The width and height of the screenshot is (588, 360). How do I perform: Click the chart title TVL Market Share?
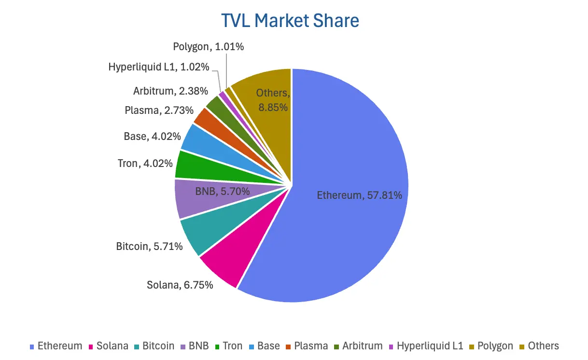pyautogui.click(x=290, y=21)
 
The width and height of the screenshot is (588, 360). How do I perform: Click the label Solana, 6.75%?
pyautogui.click(x=180, y=285)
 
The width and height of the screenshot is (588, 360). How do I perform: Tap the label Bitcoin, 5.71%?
pyautogui.click(x=149, y=247)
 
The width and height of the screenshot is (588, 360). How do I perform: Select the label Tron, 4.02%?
pyautogui.click(x=145, y=164)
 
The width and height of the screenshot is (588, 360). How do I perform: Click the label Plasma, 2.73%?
pyautogui.click(x=153, y=111)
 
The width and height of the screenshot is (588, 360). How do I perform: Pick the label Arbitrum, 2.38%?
pyautogui.click(x=170, y=91)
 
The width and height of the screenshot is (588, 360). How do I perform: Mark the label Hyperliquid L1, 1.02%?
pyautogui.click(x=159, y=67)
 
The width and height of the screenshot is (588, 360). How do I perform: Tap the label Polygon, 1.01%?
pyautogui.click(x=209, y=47)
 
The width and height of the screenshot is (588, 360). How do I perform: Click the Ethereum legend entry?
pyautogui.click(x=56, y=346)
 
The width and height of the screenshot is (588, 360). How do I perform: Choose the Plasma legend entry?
pyautogui.click(x=307, y=346)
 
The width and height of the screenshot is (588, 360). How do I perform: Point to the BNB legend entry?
pyautogui.click(x=194, y=346)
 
